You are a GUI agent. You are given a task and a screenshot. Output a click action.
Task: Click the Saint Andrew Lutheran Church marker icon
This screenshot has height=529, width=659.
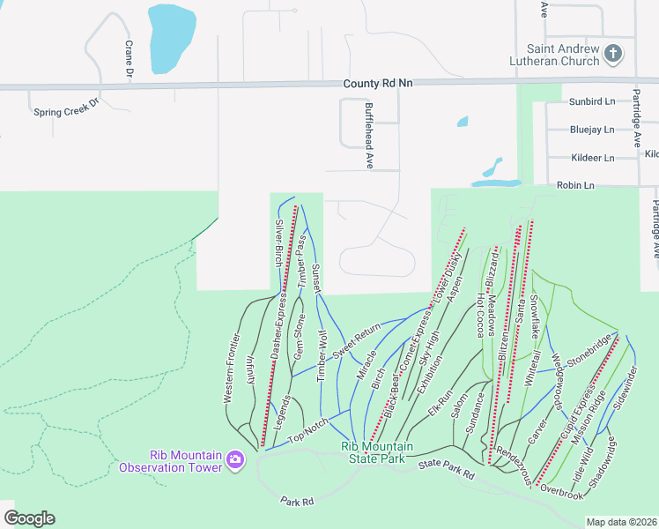[614, 55]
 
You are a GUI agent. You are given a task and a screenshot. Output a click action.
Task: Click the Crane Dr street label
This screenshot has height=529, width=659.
[129, 59]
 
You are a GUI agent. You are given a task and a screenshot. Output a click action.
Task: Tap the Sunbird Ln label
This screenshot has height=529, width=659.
[592, 101]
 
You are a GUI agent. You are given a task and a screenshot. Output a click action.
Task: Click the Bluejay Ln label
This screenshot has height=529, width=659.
[592, 130]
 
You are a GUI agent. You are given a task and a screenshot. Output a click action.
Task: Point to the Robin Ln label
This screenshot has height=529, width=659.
[576, 185]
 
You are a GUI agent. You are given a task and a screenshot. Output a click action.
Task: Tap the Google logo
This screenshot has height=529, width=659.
[29, 518]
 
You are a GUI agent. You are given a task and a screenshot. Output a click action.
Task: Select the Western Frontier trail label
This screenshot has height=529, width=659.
[231, 368]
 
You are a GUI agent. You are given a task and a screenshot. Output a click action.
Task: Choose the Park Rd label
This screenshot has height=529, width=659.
[297, 501]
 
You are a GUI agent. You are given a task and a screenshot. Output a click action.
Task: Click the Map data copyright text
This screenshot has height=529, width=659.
[621, 522]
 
